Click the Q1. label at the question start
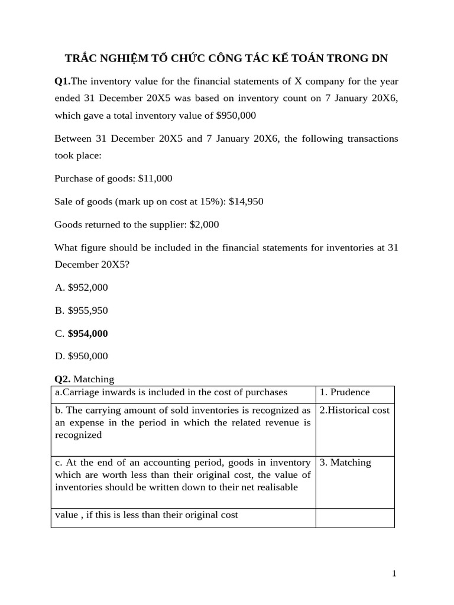62,82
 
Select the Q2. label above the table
62,379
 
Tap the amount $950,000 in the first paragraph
236,116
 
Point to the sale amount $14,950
246,201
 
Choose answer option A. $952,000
81,287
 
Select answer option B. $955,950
81,310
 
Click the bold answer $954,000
87,333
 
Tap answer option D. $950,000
81,356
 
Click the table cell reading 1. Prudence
345,392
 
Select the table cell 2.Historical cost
354,410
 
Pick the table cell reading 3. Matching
345,463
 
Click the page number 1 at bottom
394,574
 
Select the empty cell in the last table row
355,518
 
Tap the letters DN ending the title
380,58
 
